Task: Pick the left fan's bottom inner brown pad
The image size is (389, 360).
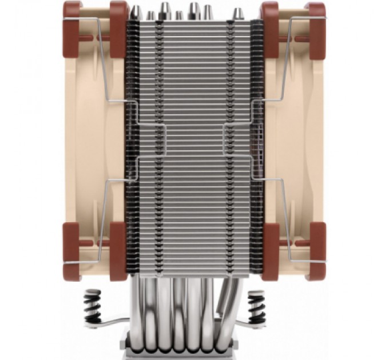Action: pyautogui.click(x=118, y=251)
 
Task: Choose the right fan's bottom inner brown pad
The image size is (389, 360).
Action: pyautogui.click(x=270, y=251)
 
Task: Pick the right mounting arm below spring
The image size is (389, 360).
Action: pyautogui.click(x=246, y=326)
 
